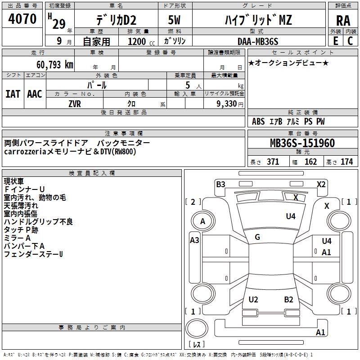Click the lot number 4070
point(22,19)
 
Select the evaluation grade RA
point(343,21)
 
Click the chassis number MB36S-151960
point(302,143)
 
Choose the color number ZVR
point(74,103)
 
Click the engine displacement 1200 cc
point(136,41)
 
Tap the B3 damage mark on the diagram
point(220,184)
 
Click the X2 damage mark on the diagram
point(321,184)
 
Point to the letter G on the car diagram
point(257,237)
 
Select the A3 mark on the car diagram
point(194,240)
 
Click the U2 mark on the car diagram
point(253,300)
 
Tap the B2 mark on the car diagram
point(288,300)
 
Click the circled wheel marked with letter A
point(202,221)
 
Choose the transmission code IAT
point(13,94)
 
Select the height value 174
point(347,162)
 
